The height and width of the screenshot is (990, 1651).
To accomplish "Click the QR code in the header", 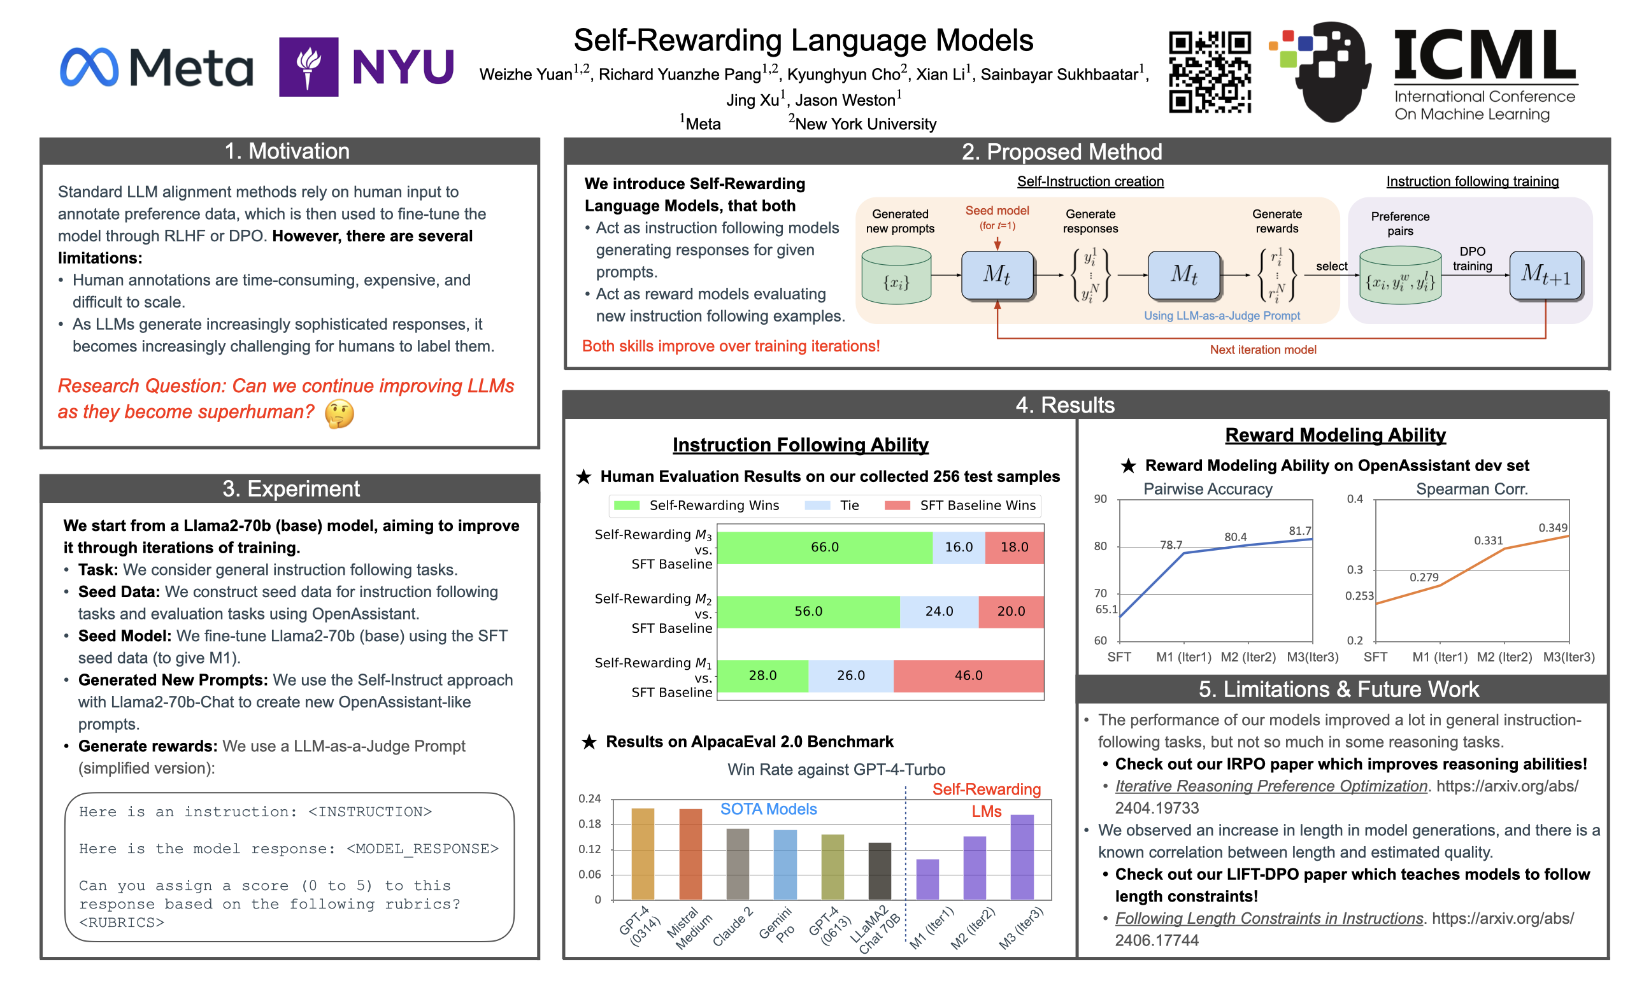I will (x=1209, y=72).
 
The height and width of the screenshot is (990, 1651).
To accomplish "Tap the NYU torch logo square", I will (x=308, y=67).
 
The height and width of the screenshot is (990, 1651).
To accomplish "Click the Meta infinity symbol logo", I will (x=89, y=67).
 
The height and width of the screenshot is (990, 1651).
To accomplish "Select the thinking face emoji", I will (x=339, y=414).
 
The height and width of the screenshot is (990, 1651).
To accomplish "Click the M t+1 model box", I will (x=1545, y=275).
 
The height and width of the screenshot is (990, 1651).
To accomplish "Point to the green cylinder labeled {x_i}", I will (x=896, y=276).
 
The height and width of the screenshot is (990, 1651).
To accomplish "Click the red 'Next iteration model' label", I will (x=1262, y=350).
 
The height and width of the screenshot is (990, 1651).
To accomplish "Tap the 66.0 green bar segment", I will (x=824, y=547).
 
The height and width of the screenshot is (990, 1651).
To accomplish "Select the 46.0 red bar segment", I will (x=968, y=675).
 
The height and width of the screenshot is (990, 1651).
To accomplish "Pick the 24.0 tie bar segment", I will (x=939, y=611).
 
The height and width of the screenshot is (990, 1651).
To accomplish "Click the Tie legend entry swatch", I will (x=817, y=505).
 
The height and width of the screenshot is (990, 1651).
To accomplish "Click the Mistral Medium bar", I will (x=690, y=854).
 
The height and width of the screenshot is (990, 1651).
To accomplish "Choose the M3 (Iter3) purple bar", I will (x=1022, y=856).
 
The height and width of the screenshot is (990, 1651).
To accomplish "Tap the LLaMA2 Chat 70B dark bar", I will (x=880, y=870).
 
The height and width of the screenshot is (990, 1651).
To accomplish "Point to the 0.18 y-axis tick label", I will (x=589, y=824).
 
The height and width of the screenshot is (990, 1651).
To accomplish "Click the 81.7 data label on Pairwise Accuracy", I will (x=1299, y=530).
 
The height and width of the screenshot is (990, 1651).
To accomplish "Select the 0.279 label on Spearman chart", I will (x=1424, y=577).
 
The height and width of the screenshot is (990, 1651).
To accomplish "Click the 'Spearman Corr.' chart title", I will (x=1471, y=489).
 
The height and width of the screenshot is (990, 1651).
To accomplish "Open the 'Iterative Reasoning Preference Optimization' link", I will (x=1271, y=786).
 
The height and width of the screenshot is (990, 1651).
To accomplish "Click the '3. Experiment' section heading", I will (x=290, y=488).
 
